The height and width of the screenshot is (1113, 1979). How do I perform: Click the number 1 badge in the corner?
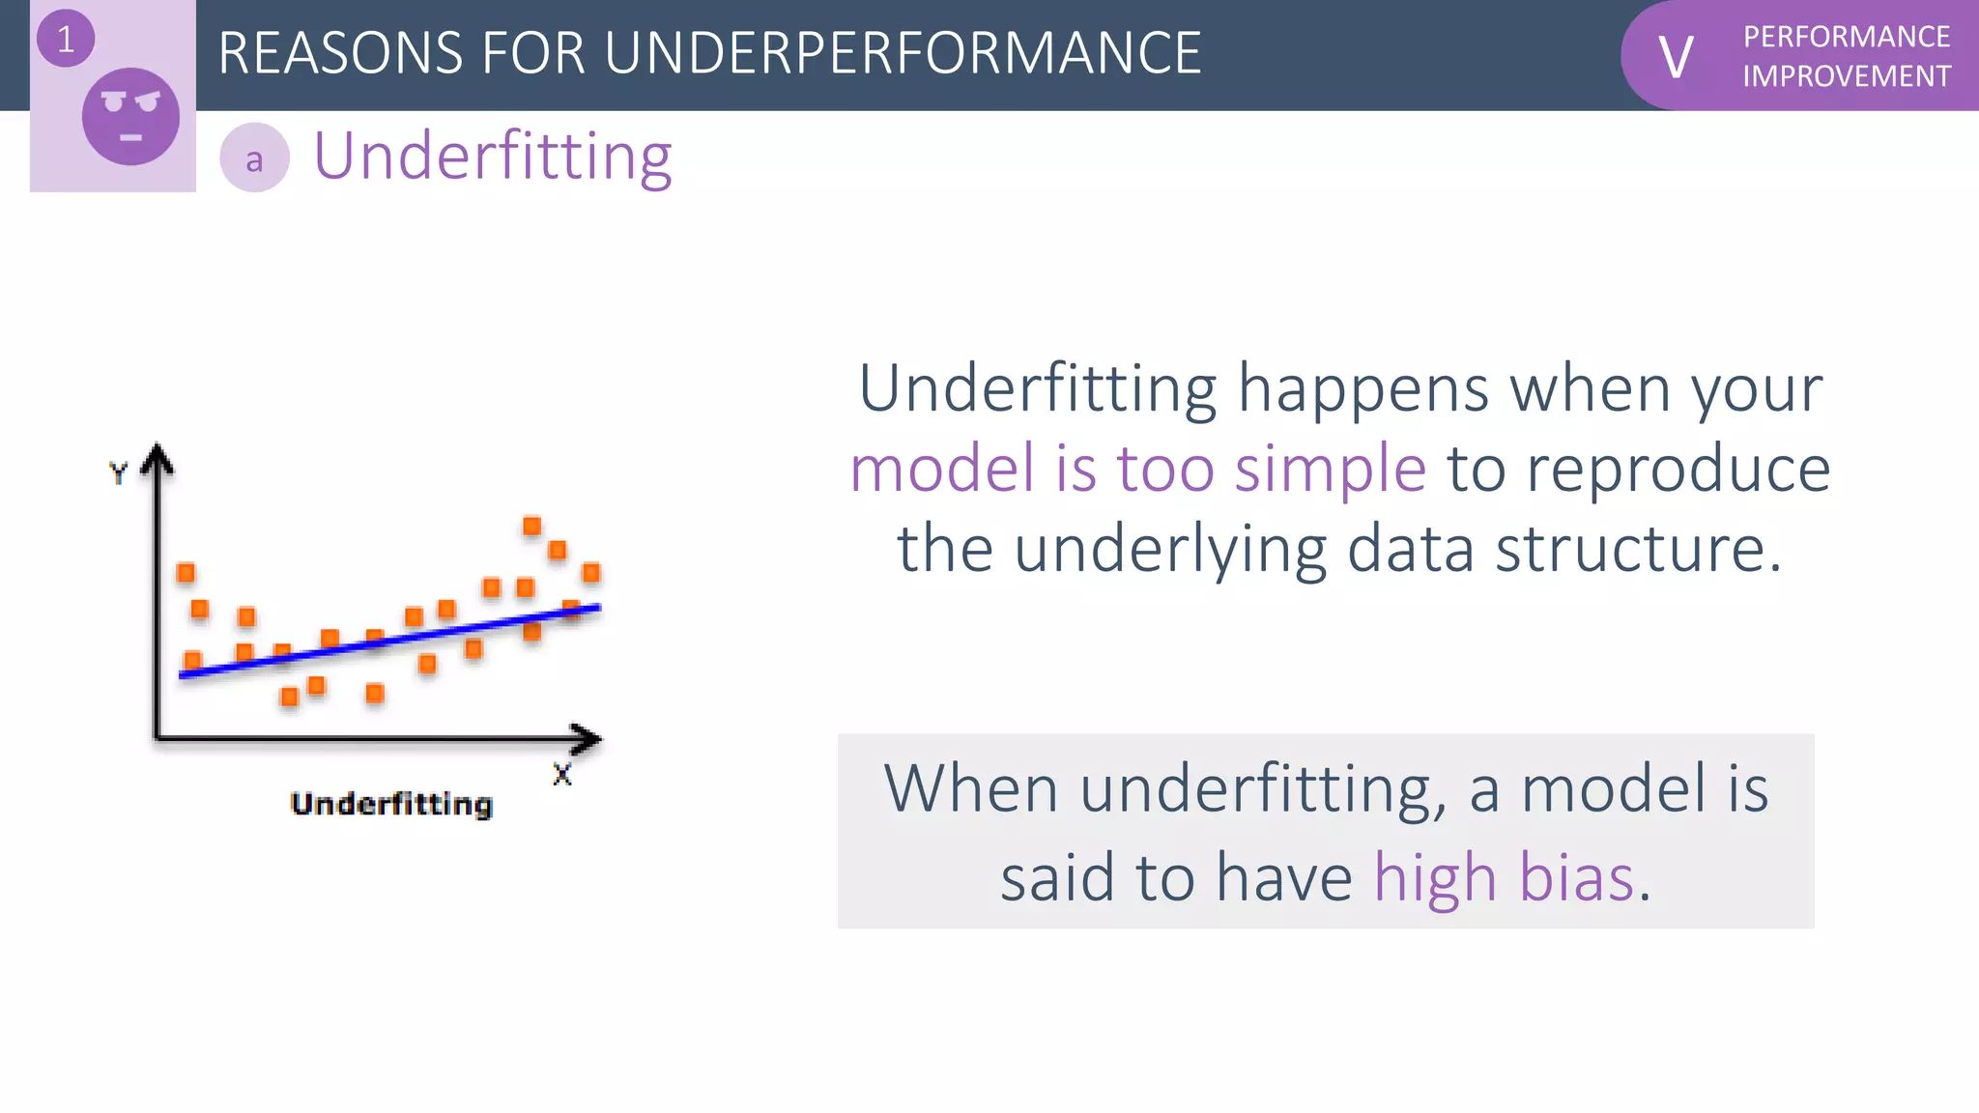tap(65, 40)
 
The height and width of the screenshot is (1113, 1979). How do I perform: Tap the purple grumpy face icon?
tap(130, 117)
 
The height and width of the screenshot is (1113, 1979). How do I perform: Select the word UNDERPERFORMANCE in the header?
tap(903, 53)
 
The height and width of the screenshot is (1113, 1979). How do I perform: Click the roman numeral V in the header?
tap(1676, 57)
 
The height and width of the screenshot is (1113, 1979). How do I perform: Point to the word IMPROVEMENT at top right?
tap(1846, 76)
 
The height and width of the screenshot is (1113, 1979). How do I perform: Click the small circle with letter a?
tap(254, 158)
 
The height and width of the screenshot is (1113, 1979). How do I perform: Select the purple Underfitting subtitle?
tap(493, 157)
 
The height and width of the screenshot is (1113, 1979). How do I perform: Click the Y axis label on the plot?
tap(118, 473)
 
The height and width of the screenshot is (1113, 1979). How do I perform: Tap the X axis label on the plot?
tap(561, 775)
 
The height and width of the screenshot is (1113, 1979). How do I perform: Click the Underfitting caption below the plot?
tap(391, 804)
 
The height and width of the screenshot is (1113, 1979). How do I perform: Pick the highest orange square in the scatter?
tap(531, 527)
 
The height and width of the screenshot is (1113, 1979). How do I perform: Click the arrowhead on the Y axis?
tap(157, 458)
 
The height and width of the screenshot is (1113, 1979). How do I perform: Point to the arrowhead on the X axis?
tap(587, 739)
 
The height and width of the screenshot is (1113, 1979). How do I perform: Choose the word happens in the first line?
tap(1362, 389)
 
